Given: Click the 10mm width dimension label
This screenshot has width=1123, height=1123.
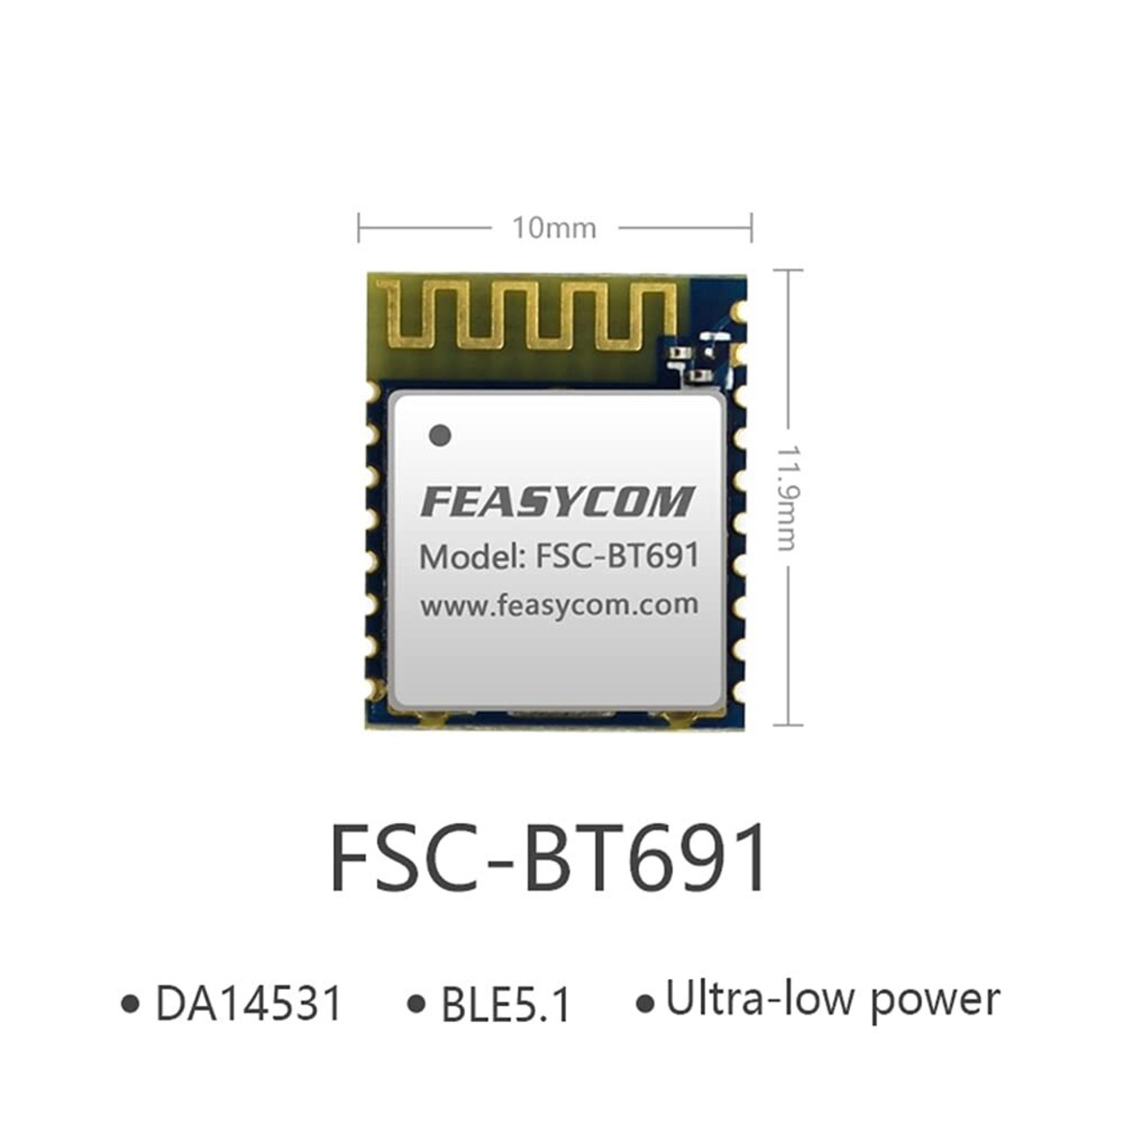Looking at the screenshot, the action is click(554, 228).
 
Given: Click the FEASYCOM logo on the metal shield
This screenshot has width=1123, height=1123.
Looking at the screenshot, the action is click(557, 502).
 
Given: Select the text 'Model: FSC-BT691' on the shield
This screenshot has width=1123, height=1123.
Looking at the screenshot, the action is click(559, 556).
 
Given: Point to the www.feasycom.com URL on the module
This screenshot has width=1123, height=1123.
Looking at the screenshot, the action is click(559, 604).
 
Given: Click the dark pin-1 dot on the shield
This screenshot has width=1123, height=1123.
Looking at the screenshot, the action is click(440, 434).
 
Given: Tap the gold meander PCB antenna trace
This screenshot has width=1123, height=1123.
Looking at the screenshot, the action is click(526, 316).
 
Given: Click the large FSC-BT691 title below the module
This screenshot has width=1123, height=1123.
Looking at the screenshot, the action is click(548, 858).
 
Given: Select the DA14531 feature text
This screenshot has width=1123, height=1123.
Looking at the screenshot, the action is click(248, 1003).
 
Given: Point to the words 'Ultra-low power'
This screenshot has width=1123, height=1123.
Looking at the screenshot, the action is click(833, 1000).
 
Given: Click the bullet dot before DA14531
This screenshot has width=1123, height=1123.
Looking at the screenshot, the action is click(132, 1004).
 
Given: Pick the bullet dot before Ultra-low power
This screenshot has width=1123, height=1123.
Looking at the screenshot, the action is click(646, 1004).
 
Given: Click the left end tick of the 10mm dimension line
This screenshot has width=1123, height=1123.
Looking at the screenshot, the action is click(359, 227).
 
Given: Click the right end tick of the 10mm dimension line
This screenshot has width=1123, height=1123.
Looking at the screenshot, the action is click(752, 227).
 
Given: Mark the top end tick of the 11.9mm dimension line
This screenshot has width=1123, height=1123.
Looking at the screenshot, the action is click(789, 270).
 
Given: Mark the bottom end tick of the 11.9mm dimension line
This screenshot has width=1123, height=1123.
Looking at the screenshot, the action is click(789, 725).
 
